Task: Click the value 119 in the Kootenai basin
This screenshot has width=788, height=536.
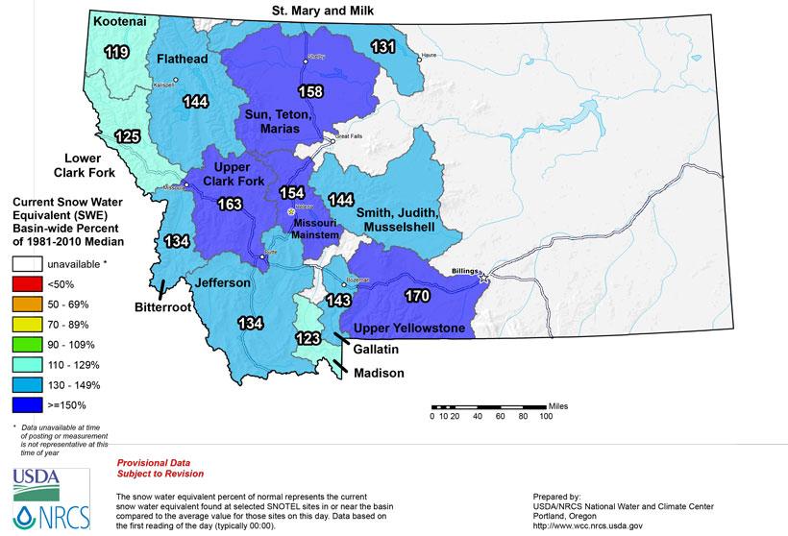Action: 118,52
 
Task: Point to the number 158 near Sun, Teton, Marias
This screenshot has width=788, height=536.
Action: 310,93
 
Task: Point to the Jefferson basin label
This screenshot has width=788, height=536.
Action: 224,283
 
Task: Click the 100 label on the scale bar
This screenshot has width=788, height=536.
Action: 546,416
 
